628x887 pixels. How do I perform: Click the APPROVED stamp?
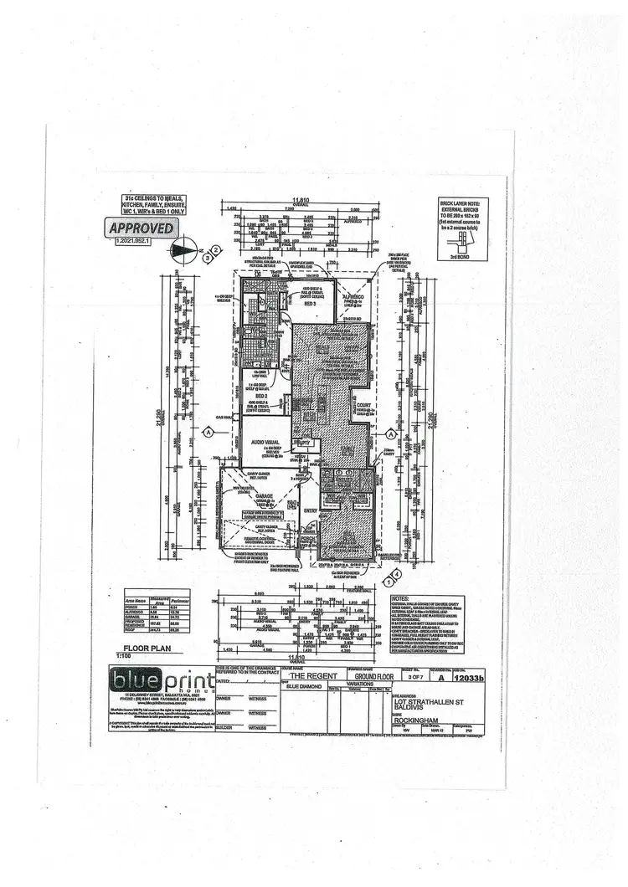pos(141,228)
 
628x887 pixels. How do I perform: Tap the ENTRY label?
pos(311,509)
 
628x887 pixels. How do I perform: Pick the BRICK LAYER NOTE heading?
pos(461,203)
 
